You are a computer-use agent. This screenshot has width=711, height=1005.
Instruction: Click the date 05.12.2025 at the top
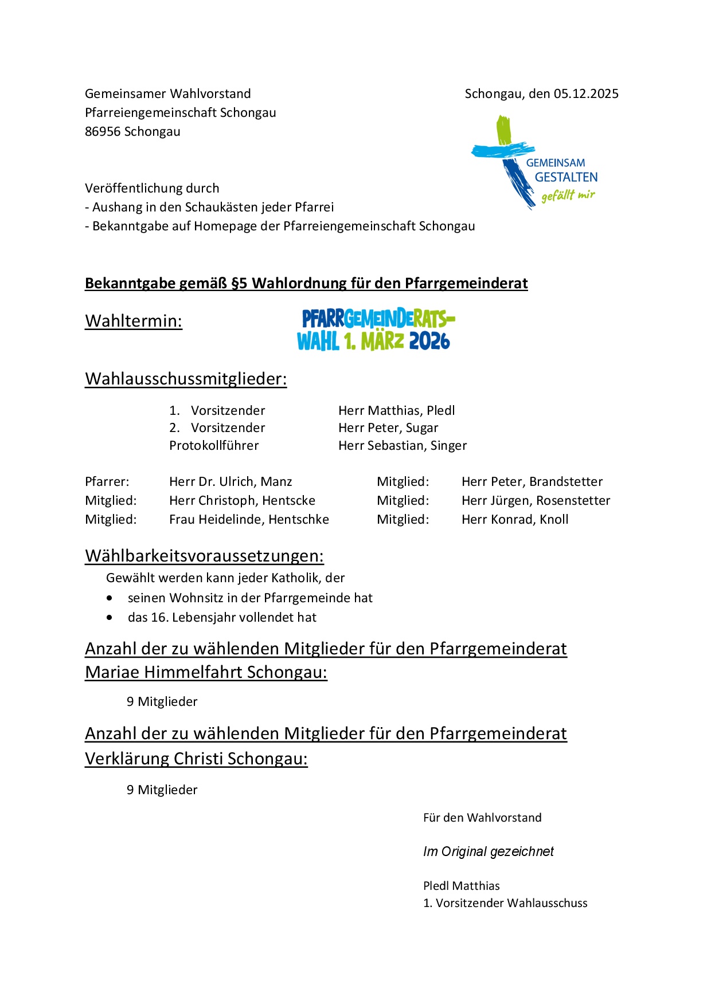(586, 94)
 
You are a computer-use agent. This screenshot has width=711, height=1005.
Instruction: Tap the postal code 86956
(103, 132)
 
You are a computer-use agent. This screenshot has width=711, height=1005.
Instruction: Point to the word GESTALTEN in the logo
(566, 178)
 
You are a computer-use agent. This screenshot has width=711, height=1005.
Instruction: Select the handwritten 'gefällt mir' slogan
(568, 195)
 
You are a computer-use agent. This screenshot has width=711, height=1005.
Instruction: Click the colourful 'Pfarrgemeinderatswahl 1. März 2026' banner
(376, 329)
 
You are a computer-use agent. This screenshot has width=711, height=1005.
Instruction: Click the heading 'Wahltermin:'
(134, 321)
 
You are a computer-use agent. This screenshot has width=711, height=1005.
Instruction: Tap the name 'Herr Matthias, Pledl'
(396, 411)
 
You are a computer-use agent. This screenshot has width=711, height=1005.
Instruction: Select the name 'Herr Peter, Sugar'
(388, 428)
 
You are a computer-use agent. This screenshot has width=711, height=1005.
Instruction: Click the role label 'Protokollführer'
(214, 446)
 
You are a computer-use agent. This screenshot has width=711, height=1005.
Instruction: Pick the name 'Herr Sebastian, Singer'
(403, 446)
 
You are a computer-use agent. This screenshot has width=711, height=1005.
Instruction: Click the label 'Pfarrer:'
(107, 482)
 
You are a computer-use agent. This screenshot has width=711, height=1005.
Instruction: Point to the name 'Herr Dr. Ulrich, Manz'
(231, 482)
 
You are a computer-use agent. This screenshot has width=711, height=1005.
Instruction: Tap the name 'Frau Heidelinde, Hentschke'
(249, 520)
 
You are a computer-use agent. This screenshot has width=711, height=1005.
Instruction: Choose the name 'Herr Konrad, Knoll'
(515, 520)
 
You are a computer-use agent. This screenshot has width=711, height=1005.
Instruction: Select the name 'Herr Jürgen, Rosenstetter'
(536, 501)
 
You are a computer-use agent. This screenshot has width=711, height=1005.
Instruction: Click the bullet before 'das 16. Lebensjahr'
(110, 618)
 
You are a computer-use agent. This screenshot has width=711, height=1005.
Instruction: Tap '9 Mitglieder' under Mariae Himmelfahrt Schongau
(162, 702)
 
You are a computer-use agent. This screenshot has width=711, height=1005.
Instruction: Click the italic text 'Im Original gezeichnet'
(488, 852)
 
